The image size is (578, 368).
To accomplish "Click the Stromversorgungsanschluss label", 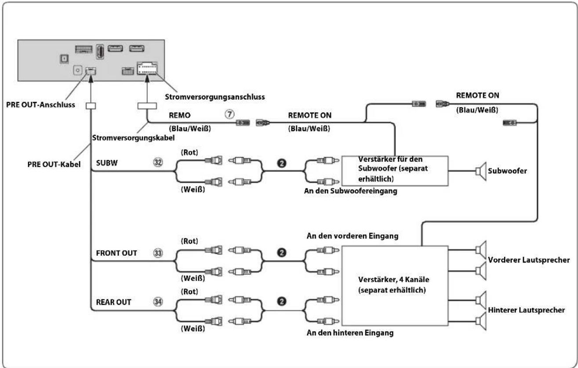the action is (x=214, y=97).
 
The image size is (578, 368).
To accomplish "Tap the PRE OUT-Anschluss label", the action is (x=40, y=105).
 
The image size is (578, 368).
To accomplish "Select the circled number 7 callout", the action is (x=229, y=114).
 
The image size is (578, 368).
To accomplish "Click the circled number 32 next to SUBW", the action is (x=158, y=162).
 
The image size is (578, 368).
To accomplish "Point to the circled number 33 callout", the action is (x=158, y=253).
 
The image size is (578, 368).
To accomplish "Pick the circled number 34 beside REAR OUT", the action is (x=158, y=302).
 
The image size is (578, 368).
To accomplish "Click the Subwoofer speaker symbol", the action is (x=481, y=171).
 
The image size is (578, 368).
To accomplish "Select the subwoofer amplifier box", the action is (x=395, y=171).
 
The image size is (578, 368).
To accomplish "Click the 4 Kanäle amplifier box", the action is (x=395, y=286).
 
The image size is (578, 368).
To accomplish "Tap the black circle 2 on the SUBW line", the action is (x=281, y=163).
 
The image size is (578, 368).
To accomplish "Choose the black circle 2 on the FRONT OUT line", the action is (x=281, y=253).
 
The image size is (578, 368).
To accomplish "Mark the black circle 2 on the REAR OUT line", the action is (x=281, y=302).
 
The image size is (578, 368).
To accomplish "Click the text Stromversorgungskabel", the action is (x=133, y=138).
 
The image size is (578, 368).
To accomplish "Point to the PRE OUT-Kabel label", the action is (x=54, y=164).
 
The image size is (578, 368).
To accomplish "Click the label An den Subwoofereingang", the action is (x=350, y=191).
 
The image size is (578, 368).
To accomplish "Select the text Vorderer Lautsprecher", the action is (x=529, y=260).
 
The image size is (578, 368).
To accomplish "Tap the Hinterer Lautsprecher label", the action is (x=527, y=310).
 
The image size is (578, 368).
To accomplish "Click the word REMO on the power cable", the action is (x=180, y=115).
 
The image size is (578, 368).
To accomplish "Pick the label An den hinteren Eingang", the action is (x=350, y=333).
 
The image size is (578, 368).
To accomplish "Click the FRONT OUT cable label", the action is (x=116, y=253).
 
